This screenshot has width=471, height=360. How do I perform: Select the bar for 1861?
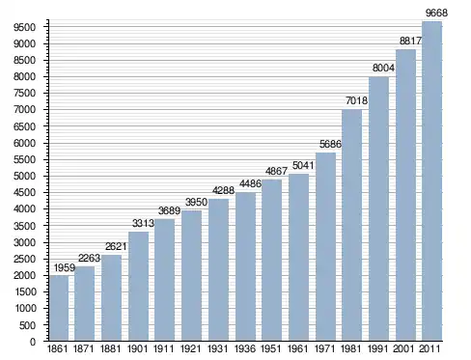coord(59,308)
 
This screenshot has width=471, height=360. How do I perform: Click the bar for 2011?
coord(431,181)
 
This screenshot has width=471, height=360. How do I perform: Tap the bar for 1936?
coord(245,266)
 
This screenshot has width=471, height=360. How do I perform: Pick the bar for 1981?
coord(352,225)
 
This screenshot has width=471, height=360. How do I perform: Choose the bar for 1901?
coord(139,287)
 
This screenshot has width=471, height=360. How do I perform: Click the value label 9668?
coord(436,13)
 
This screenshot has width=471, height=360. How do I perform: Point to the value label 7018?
coord(356,100)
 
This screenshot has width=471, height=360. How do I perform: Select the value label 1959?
coord(65,267)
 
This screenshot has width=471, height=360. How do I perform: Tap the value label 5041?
coord(303,165)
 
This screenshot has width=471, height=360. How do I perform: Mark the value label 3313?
coord(143,223)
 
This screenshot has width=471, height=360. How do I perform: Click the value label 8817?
coord(410,41)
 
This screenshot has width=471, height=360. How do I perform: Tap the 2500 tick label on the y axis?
coord(24,260)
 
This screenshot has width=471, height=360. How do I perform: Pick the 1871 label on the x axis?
coord(84,348)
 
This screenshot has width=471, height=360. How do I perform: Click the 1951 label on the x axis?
coord(270,348)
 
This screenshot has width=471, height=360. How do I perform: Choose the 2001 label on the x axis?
coord(403,348)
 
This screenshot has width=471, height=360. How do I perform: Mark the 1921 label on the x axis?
coord(191,348)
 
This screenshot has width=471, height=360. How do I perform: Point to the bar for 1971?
coord(325,247)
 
